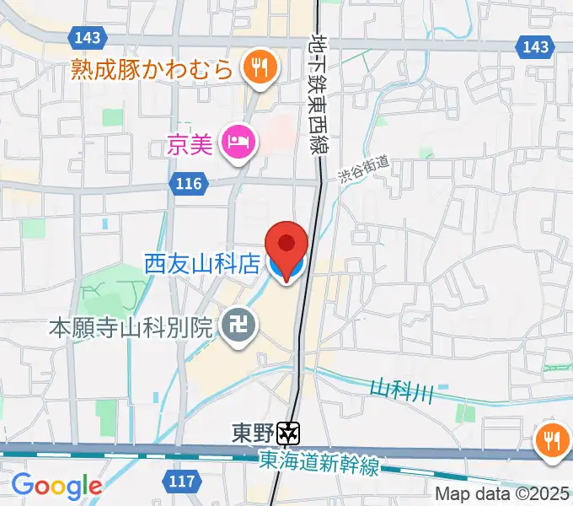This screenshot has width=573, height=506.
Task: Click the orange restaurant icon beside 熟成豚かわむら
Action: coord(259,67)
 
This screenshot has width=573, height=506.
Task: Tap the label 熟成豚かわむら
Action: coord(152,67)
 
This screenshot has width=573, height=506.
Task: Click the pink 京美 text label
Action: coord(190,145)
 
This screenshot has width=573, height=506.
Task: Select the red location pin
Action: coord(286,247)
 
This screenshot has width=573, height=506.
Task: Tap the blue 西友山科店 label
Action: coord(201,265)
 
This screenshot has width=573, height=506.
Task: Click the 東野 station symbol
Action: coord(290,433)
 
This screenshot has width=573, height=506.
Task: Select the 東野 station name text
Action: coord(253,433)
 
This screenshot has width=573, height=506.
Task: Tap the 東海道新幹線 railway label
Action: coord(320,462)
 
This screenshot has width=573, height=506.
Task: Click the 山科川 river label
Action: coord(401,389)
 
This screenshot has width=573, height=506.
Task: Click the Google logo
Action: coord(56,486)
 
